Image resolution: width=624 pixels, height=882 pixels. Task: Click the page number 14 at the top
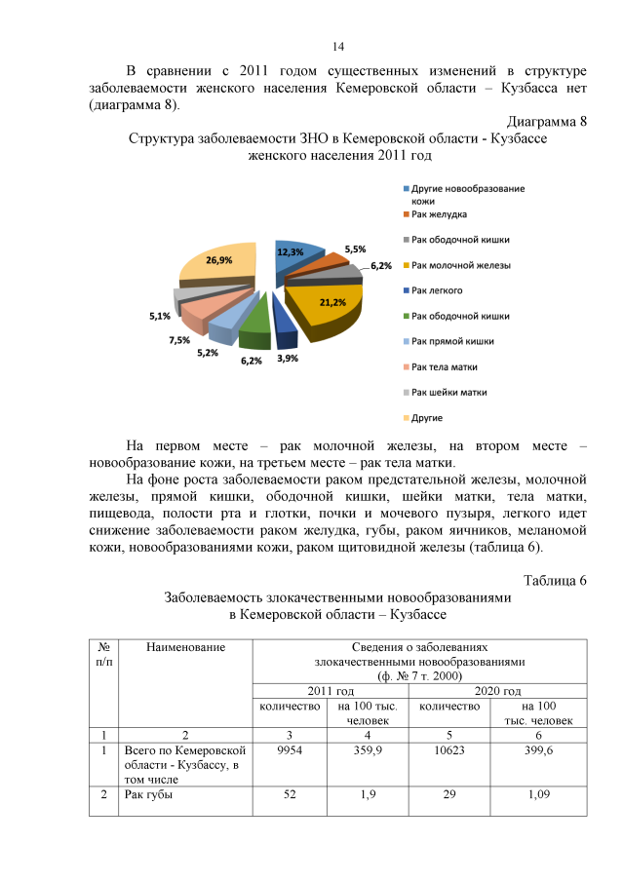(x=338, y=46)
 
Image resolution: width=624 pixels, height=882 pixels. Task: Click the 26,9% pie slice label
(x=218, y=260)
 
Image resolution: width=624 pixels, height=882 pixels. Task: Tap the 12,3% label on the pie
(x=290, y=251)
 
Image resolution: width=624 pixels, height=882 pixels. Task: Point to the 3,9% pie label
(x=289, y=358)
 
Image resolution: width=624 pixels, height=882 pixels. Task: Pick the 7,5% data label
(x=179, y=339)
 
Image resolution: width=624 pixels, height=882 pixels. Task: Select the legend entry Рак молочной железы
(x=460, y=264)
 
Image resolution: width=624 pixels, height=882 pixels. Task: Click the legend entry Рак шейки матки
(x=448, y=392)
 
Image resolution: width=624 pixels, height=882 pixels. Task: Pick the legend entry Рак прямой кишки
(x=452, y=341)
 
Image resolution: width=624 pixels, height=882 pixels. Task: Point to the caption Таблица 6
(x=554, y=581)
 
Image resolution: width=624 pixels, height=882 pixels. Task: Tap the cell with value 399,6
(x=539, y=750)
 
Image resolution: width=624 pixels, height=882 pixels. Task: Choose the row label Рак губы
(x=149, y=795)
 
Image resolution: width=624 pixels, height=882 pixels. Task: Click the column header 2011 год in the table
(x=331, y=690)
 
